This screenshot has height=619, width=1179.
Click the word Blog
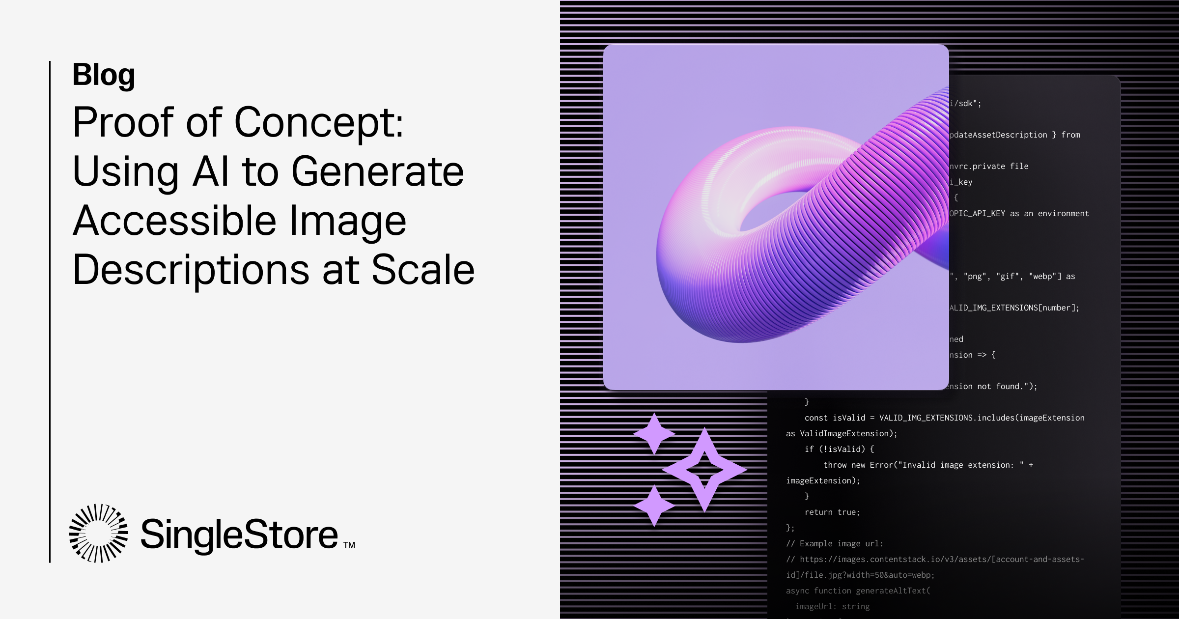click(103, 75)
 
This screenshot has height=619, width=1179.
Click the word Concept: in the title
click(319, 123)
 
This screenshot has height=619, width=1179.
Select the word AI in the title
click(211, 172)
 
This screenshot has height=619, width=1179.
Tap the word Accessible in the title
click(175, 221)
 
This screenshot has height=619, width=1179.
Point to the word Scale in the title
click(423, 270)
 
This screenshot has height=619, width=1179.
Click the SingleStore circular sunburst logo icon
click(98, 533)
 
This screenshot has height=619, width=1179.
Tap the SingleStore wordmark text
click(239, 535)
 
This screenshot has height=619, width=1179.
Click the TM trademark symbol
click(349, 545)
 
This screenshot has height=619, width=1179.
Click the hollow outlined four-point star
click(704, 470)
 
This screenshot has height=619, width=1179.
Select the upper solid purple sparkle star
click(654, 433)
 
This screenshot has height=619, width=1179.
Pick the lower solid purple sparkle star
click(654, 506)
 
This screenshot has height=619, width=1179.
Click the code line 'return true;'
click(832, 512)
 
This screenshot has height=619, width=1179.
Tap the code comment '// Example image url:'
click(834, 543)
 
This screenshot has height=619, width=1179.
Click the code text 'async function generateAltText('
click(858, 591)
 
